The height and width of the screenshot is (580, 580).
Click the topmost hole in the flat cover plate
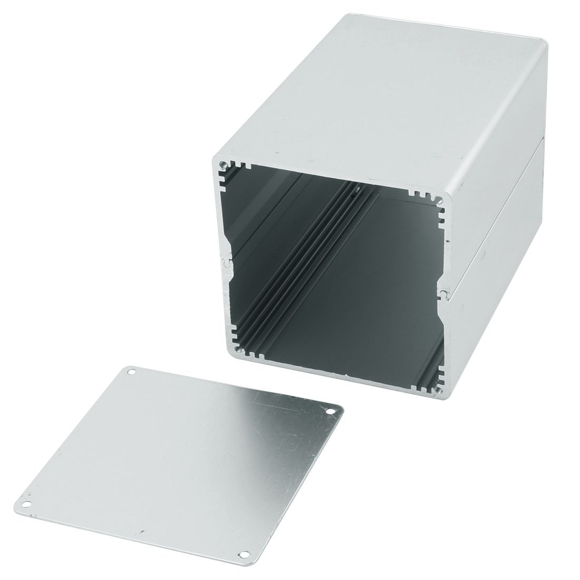(x=131, y=372)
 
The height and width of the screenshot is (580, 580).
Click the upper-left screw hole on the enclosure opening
(x=226, y=164)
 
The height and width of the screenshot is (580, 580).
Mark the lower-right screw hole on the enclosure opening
(x=437, y=391)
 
